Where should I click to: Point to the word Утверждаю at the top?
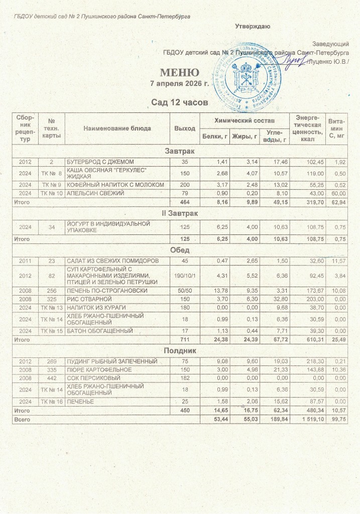tap(254, 26)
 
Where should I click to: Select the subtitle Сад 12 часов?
tap(180, 103)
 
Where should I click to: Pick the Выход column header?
tap(184, 128)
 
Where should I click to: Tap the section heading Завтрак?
tap(180, 151)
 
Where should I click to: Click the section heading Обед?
tap(180, 250)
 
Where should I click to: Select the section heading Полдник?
tap(180, 350)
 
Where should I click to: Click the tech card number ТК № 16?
tap(52, 402)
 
